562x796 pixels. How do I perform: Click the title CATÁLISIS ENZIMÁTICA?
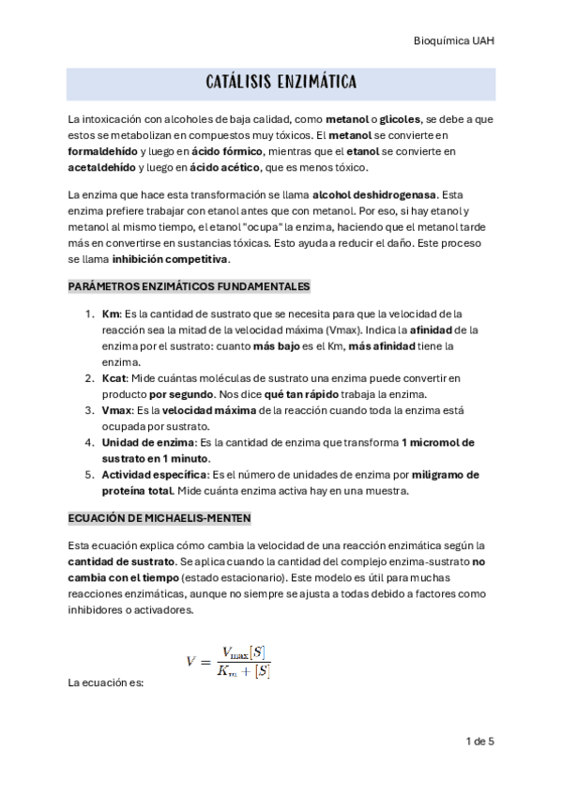click(281, 84)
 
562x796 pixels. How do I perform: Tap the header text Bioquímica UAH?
click(454, 41)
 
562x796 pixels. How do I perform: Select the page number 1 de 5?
click(479, 741)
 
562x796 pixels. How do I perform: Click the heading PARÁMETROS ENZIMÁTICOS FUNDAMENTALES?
click(189, 285)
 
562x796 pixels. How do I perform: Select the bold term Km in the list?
click(111, 314)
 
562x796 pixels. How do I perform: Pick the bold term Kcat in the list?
click(115, 377)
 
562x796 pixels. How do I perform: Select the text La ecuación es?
click(105, 682)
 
